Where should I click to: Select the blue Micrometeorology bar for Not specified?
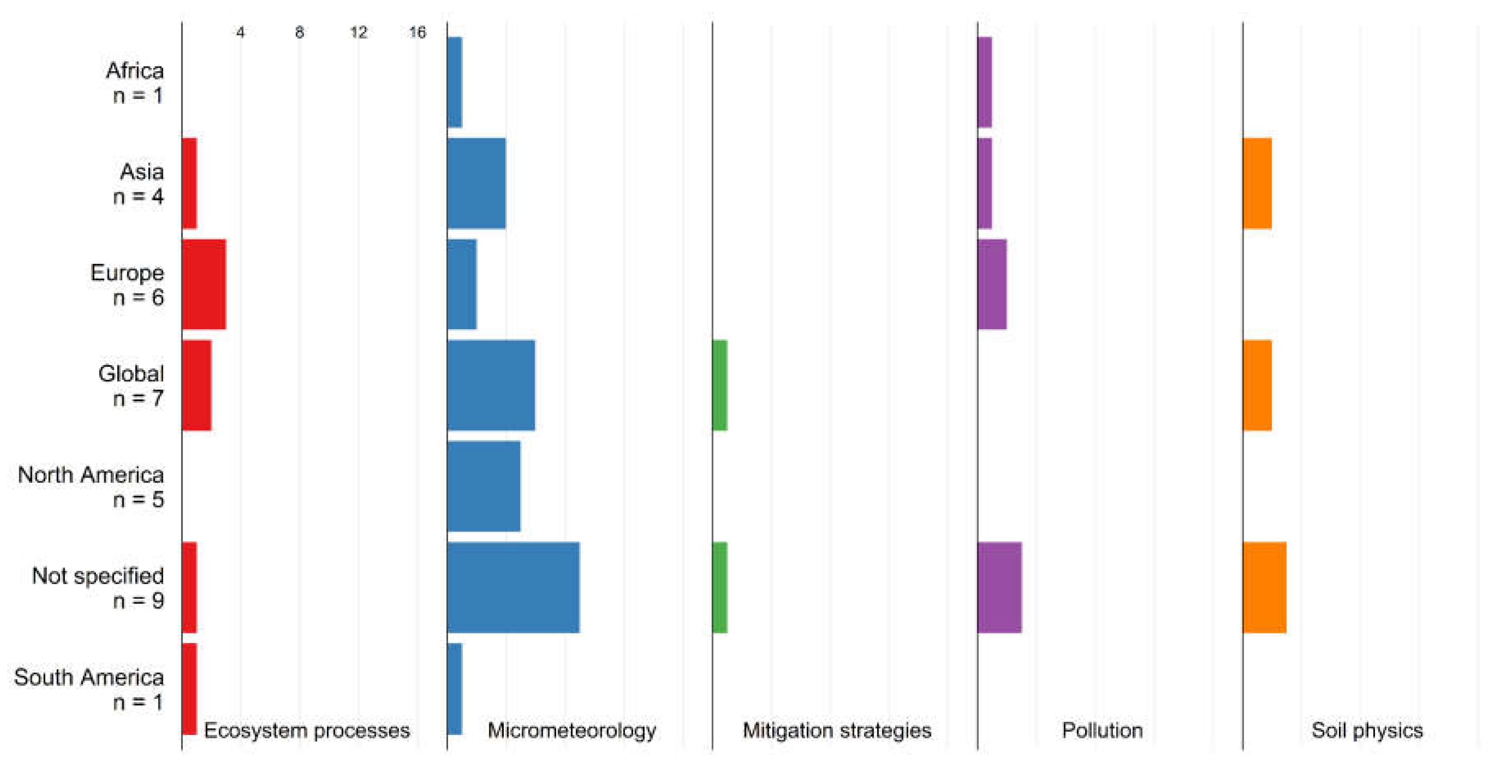point(513,587)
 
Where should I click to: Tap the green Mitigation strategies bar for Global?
point(720,386)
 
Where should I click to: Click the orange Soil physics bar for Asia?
point(1257,183)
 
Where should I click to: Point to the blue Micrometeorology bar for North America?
point(484,486)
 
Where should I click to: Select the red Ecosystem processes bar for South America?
point(189,689)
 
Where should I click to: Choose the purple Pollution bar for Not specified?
point(999,587)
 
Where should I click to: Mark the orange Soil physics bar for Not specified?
point(1264,587)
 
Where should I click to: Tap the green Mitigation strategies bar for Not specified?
point(720,587)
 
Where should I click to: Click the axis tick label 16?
point(417,32)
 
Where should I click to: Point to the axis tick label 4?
point(240,32)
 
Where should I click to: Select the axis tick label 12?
point(358,32)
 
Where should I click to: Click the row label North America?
point(91,475)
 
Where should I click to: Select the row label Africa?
point(135,71)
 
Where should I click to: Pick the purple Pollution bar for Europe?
point(992,284)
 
